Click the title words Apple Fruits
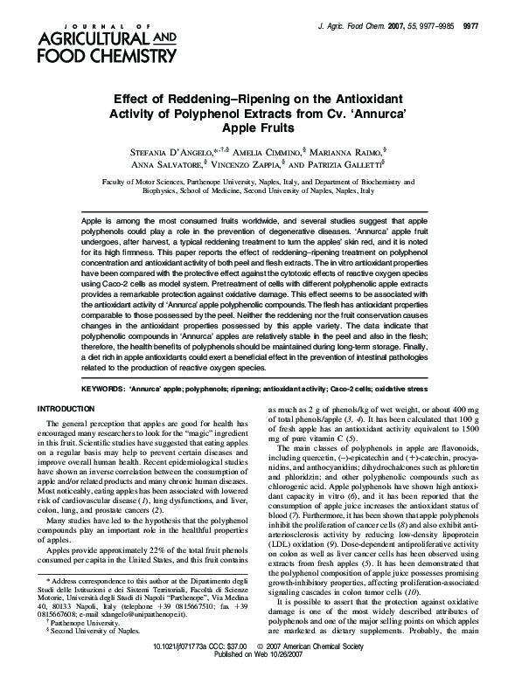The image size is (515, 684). tap(258, 127)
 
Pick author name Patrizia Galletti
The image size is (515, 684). tap(344, 163)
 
